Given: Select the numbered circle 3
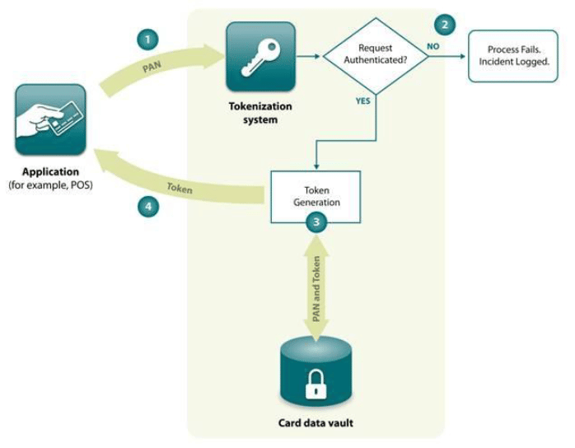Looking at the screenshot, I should (x=316, y=221).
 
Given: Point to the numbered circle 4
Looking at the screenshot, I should (x=148, y=207).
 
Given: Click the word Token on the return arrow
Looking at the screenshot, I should (x=180, y=189).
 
